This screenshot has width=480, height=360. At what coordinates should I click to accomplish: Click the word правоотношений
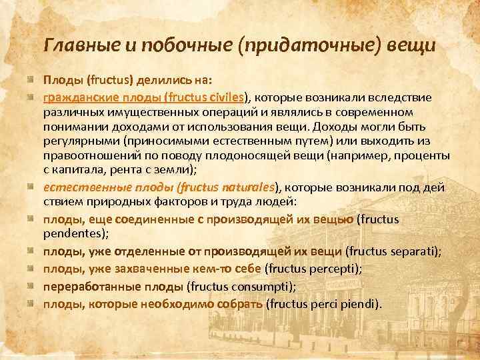[91, 155]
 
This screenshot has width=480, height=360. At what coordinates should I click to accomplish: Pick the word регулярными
[77, 140]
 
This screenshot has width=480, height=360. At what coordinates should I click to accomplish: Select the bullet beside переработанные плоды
[31, 287]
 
